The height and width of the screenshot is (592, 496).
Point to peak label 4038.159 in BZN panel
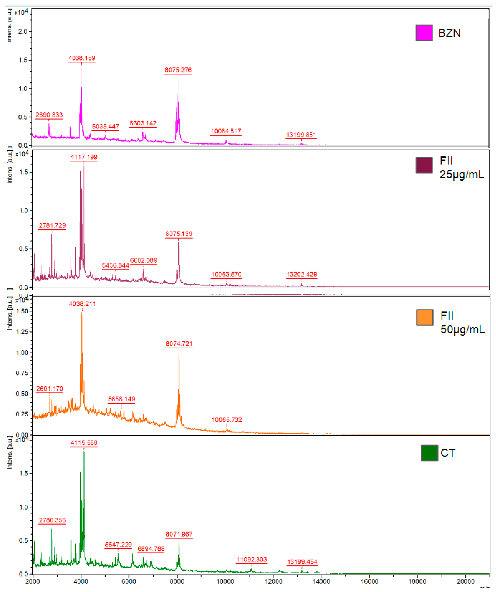82,58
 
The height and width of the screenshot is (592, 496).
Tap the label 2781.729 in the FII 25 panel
52,225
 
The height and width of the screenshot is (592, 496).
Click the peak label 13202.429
302,274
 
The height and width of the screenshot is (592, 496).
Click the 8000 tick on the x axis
177,581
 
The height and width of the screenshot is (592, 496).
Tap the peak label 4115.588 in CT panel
84,443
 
